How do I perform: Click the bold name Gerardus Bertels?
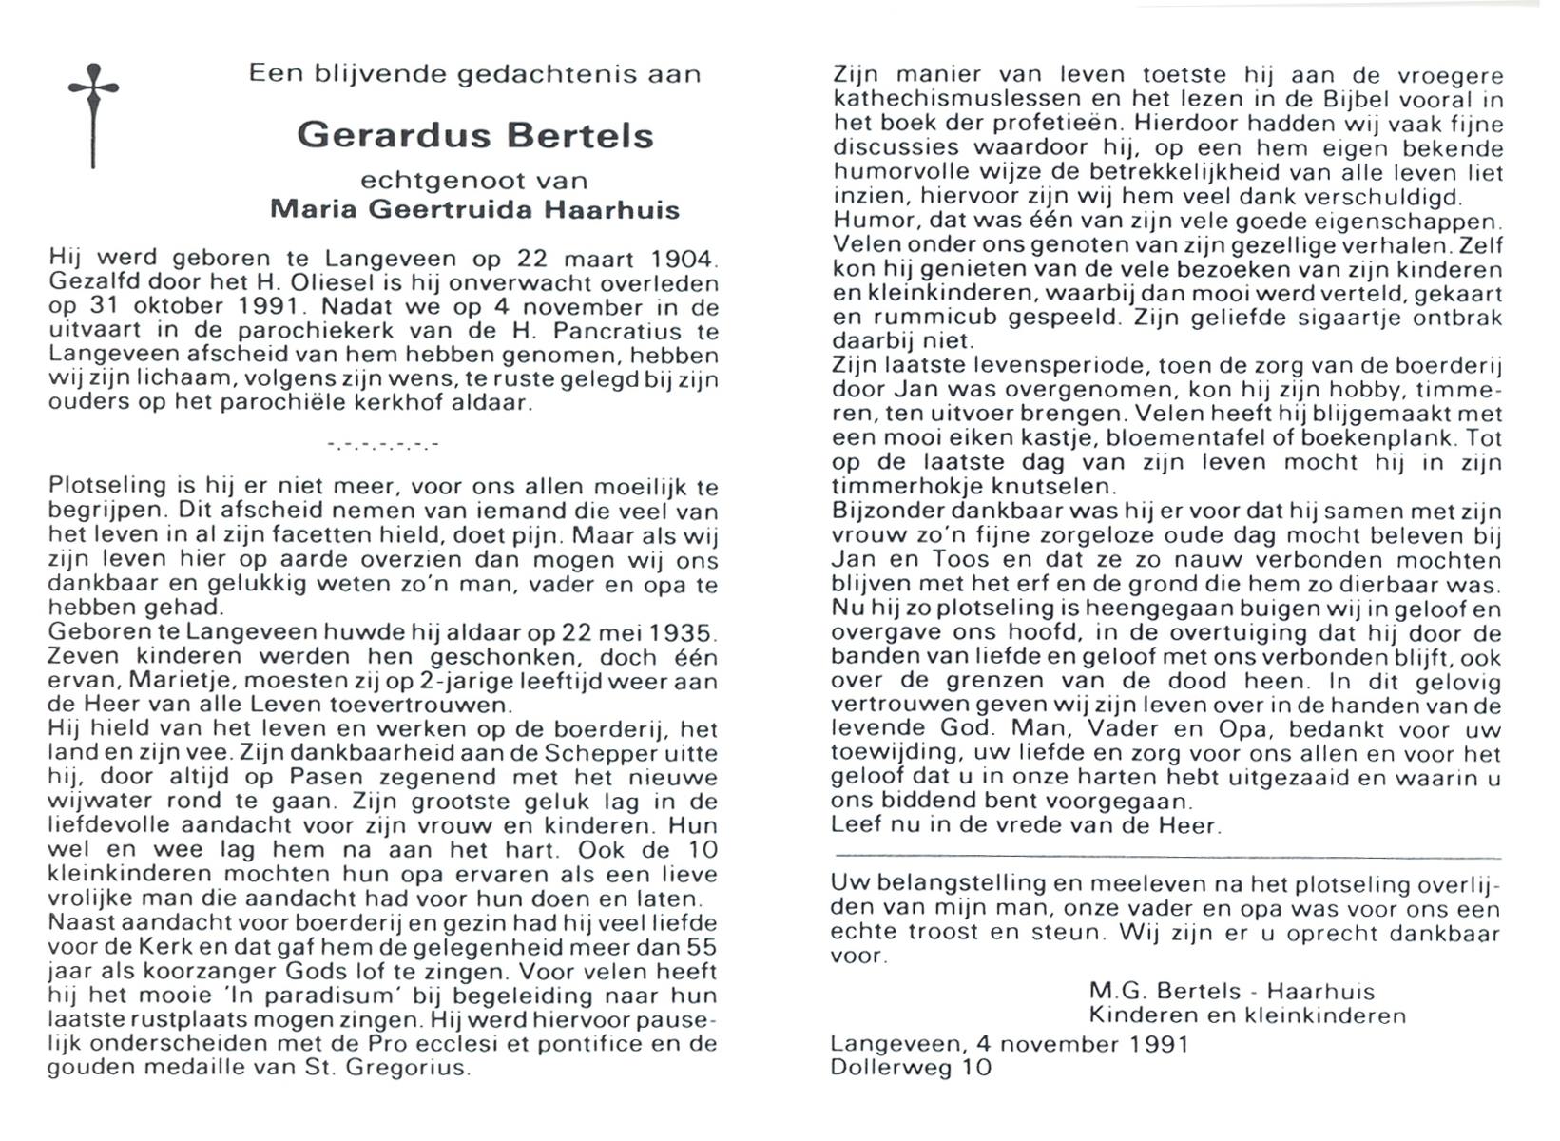(475, 136)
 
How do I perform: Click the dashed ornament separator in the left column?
(382, 444)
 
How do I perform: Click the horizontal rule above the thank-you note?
(1165, 859)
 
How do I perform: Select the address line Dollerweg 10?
(910, 1068)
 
